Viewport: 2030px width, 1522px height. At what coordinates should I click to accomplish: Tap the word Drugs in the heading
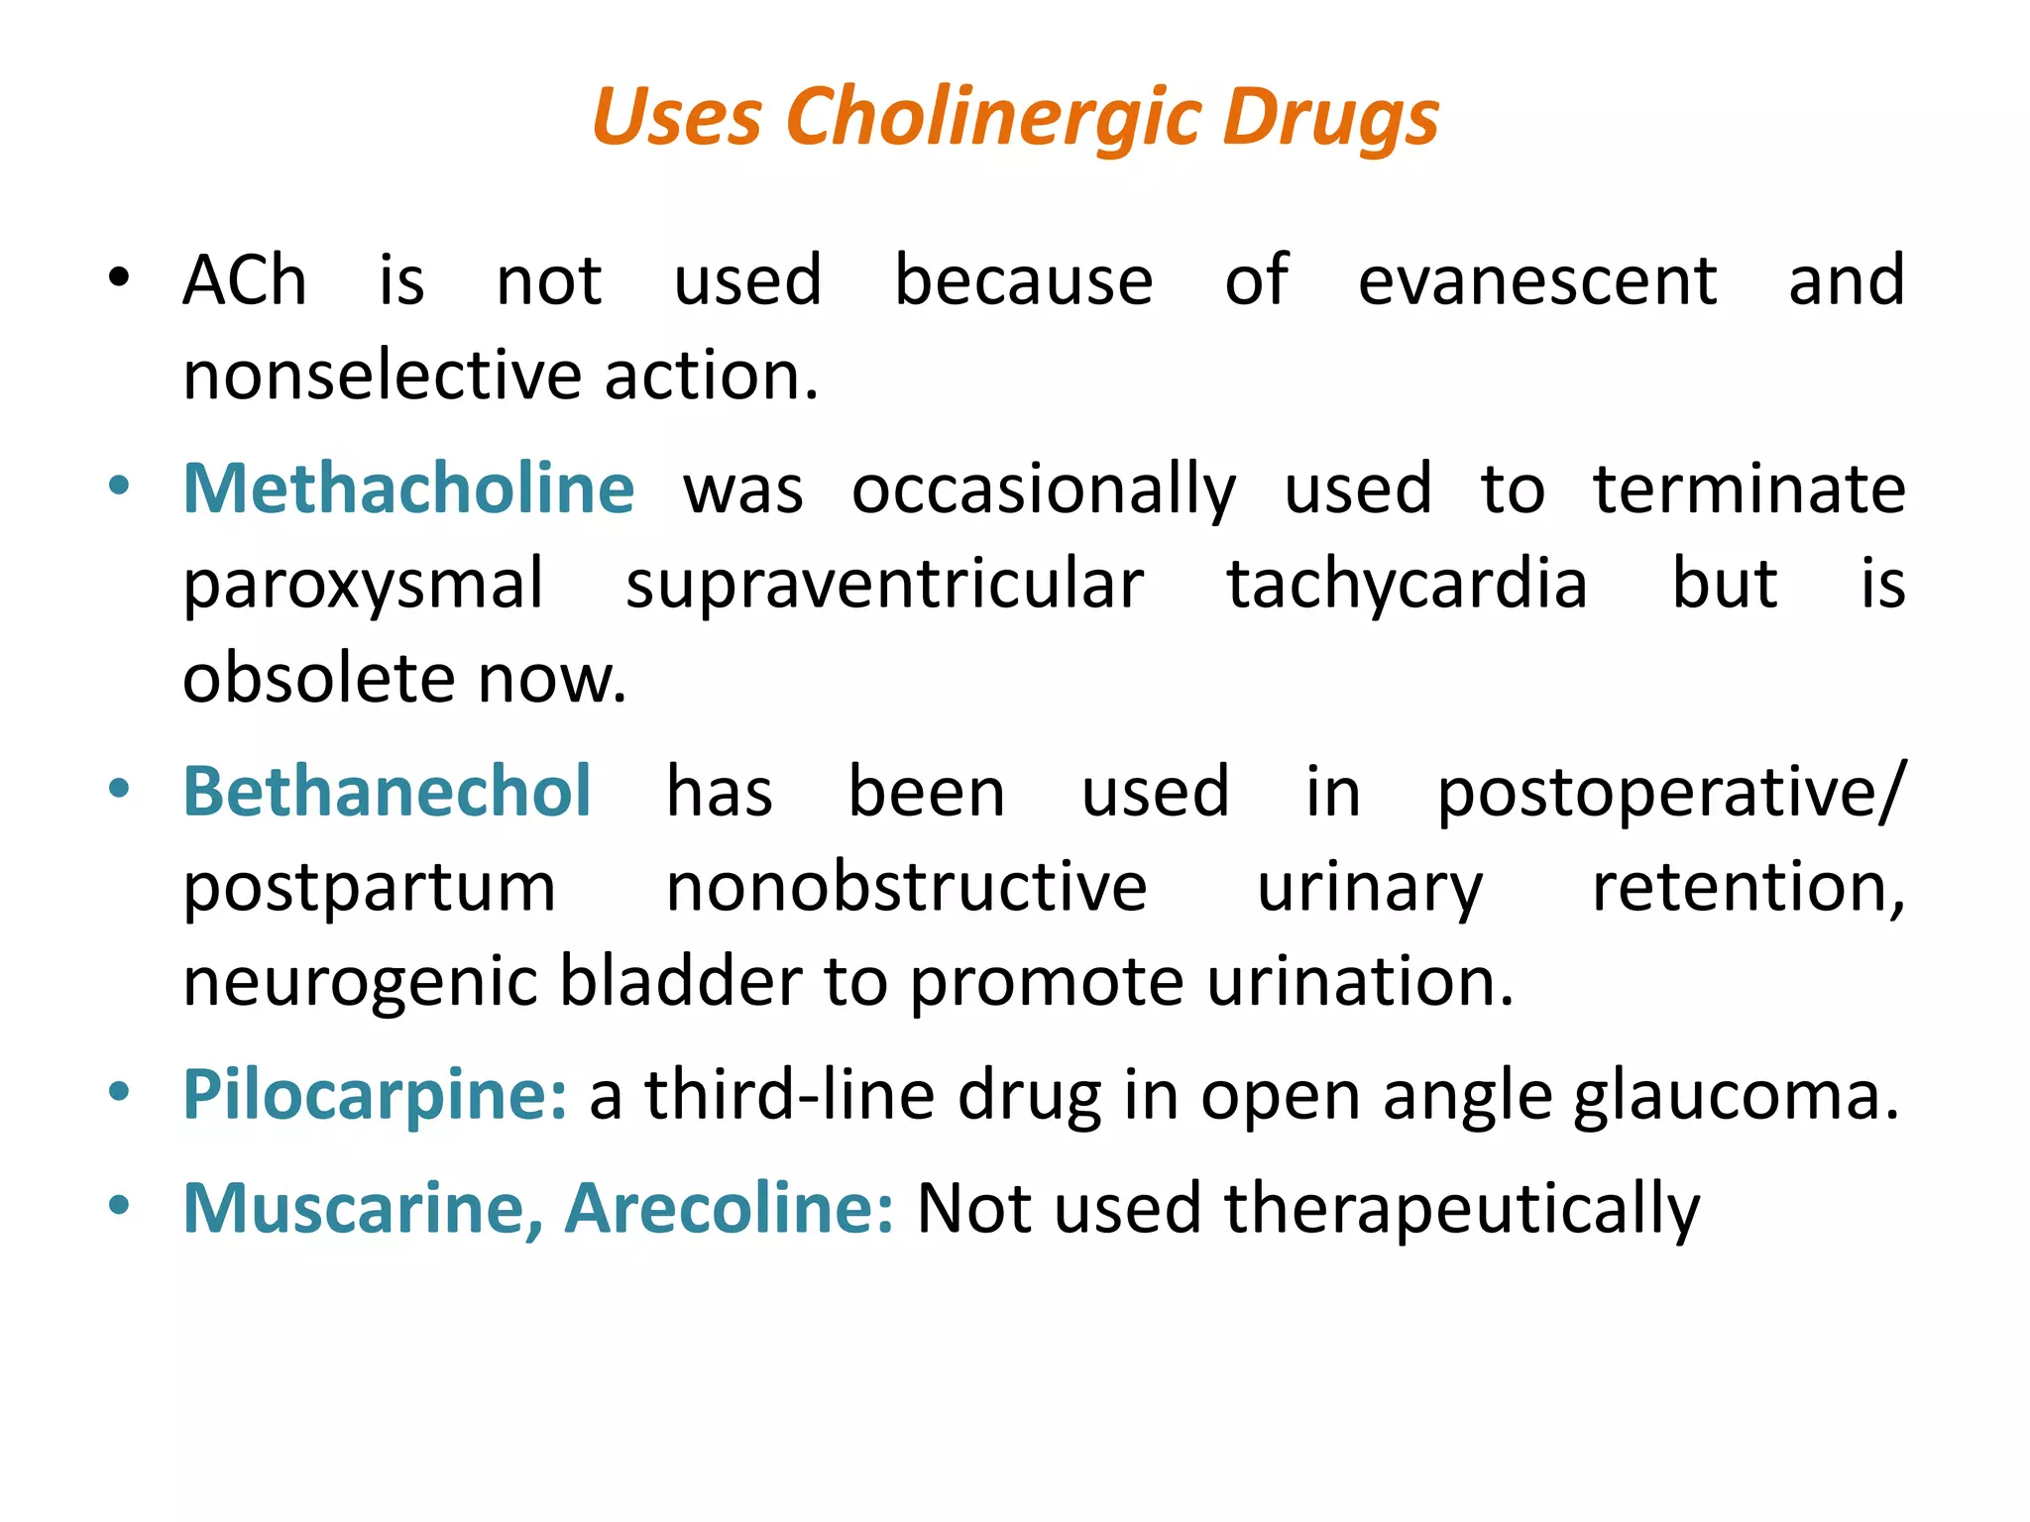pyautogui.click(x=1330, y=117)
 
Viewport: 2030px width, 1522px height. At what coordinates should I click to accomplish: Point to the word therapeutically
pyautogui.click(x=1462, y=1210)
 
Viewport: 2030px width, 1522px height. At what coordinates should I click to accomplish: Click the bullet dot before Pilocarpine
pyautogui.click(x=119, y=1093)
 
